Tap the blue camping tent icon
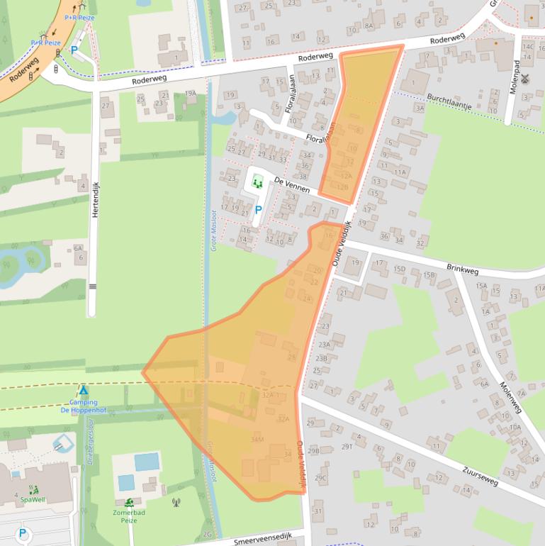[x=83, y=391]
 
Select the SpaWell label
[x=33, y=499]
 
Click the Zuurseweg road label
[x=480, y=475]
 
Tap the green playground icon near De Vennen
[x=257, y=183]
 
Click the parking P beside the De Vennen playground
[x=258, y=210]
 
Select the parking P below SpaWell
[x=23, y=533]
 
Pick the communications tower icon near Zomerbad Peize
[x=176, y=502]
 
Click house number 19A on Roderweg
[x=190, y=93]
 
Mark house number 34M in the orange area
[x=257, y=440]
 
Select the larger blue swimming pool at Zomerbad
[x=147, y=462]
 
